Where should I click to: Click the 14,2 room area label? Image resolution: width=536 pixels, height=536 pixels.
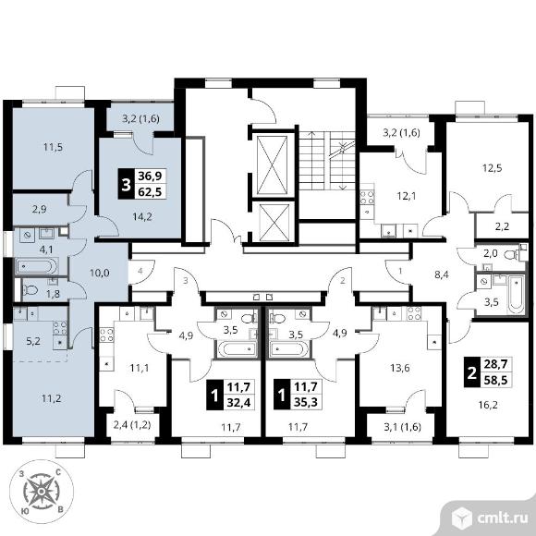(142, 216)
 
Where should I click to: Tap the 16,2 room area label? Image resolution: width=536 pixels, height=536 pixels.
(488, 405)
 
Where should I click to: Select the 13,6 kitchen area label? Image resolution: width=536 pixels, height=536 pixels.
(400, 368)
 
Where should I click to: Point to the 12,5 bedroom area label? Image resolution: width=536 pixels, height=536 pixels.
(493, 168)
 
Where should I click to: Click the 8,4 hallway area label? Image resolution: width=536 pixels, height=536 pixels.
(442, 274)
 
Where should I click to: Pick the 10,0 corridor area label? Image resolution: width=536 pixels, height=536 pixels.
(100, 273)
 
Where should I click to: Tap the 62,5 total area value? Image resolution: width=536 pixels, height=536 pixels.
(150, 191)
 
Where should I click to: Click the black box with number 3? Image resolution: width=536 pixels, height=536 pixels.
(126, 184)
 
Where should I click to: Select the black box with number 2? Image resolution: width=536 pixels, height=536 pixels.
(471, 372)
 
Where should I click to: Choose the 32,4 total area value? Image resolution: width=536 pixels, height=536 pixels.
(239, 402)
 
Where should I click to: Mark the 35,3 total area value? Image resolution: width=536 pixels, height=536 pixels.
(306, 402)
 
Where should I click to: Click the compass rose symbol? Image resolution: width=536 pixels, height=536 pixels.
(41, 492)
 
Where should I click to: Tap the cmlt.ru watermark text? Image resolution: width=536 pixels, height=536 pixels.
(502, 518)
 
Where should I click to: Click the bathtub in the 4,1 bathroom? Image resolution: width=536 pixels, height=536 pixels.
(36, 265)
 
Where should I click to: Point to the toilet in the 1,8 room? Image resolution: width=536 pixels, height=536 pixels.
(30, 290)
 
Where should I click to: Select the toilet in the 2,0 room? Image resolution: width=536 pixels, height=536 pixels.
(511, 255)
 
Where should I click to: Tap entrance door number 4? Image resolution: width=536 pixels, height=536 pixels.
(140, 271)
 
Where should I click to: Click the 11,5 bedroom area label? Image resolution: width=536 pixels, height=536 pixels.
(53, 147)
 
